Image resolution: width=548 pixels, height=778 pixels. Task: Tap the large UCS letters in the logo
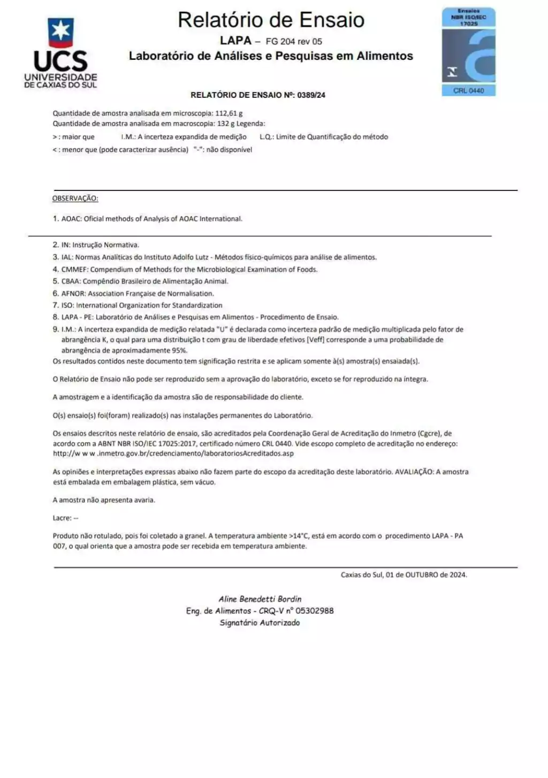tap(60, 61)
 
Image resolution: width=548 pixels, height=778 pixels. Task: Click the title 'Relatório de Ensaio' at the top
tap(271, 20)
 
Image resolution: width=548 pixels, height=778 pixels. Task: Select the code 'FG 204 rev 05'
tap(294, 41)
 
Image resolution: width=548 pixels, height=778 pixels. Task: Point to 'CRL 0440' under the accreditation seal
tap(468, 91)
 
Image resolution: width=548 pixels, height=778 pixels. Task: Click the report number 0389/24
tap(312, 95)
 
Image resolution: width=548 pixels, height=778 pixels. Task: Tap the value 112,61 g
tap(229, 113)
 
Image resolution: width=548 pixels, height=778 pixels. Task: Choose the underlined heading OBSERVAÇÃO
tap(75, 198)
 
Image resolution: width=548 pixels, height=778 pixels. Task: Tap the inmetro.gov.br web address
tap(173, 453)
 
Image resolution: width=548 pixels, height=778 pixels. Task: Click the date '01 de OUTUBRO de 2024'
tap(426, 575)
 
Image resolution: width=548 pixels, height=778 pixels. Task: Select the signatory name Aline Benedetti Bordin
tap(260, 599)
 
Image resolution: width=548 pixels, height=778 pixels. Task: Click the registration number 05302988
tap(315, 611)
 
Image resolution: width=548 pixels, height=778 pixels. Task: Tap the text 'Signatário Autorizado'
tap(260, 623)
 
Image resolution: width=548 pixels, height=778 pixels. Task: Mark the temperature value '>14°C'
tap(299, 536)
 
